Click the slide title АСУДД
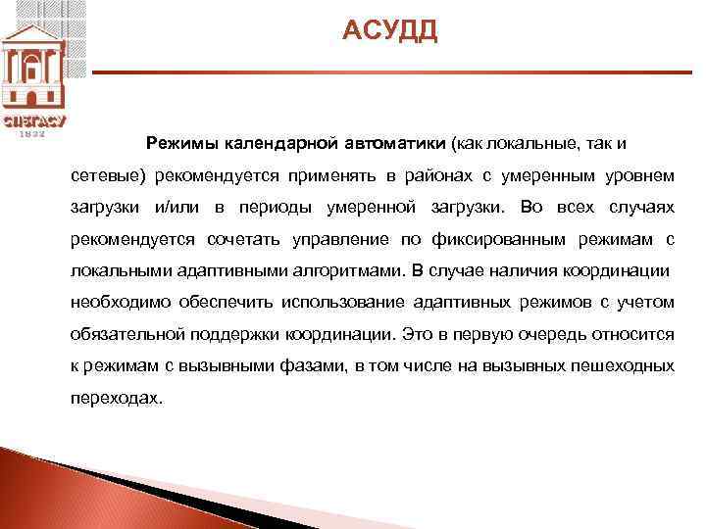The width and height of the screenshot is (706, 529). pos(390,32)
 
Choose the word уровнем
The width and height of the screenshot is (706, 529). pos(639,175)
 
